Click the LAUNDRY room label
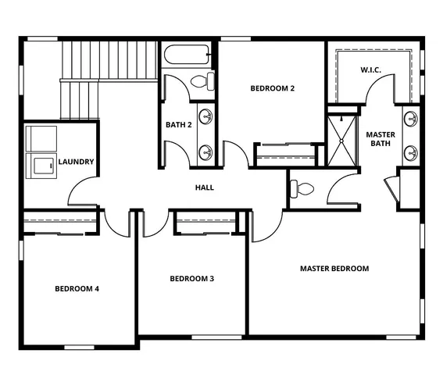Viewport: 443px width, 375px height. (77, 162)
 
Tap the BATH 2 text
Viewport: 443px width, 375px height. (179, 125)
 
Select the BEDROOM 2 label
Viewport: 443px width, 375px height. (272, 88)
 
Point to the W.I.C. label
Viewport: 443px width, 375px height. (370, 70)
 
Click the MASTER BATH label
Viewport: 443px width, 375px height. (380, 139)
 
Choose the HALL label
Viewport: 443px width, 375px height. (205, 187)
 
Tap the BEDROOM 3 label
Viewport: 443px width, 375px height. (191, 279)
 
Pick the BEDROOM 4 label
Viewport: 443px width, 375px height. (77, 288)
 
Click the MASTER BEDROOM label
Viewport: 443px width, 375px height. (334, 269)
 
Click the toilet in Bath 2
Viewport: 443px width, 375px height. (202, 80)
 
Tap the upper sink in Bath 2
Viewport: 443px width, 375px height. (206, 117)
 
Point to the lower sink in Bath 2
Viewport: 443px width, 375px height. (206, 151)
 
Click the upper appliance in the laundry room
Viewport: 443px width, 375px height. (39, 138)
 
